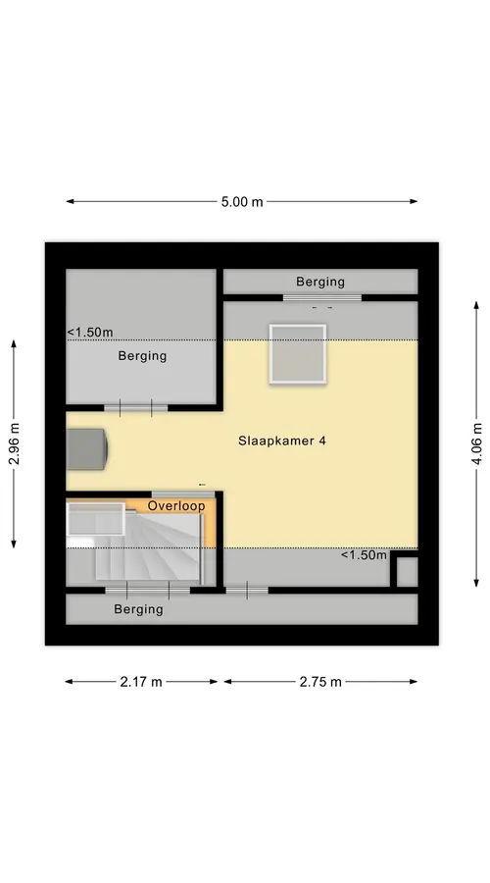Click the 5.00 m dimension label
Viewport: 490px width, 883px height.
coord(242,201)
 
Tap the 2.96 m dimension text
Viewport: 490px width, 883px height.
coord(14,443)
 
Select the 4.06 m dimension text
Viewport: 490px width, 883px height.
coord(476,443)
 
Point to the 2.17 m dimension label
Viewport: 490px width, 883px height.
coord(141,682)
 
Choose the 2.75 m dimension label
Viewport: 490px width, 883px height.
coord(320,682)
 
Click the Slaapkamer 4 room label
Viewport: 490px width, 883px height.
coord(282,441)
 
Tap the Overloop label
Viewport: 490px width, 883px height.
coord(176,506)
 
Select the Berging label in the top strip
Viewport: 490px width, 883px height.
coord(320,282)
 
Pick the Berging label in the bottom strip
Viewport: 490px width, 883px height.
coord(138,609)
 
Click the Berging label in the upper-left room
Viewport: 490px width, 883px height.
coord(142,356)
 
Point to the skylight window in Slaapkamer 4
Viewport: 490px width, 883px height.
coord(298,354)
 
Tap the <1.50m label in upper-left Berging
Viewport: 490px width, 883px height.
coord(90,333)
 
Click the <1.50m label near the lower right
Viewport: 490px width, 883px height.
coord(364,555)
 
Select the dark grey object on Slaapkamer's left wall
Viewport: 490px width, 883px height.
coord(86,448)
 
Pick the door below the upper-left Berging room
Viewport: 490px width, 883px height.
coord(135,408)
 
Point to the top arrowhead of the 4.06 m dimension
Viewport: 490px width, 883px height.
coord(476,306)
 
